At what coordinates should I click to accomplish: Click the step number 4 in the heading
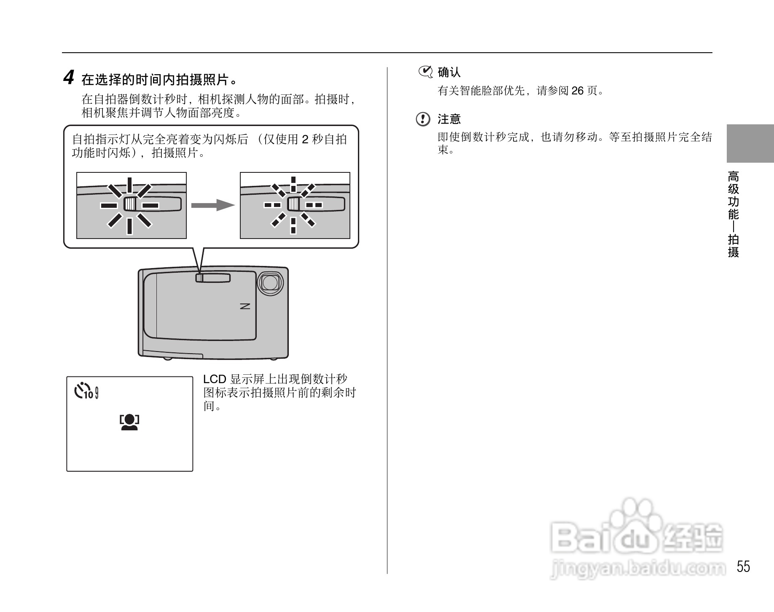(x=69, y=78)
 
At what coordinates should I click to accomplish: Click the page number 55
(x=743, y=566)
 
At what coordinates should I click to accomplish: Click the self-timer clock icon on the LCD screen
(x=82, y=390)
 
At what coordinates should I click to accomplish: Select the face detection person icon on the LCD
(x=129, y=422)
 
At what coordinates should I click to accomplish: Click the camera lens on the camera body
(x=270, y=283)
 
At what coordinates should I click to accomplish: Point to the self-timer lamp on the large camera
(x=200, y=278)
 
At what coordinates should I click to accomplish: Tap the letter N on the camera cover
(x=245, y=306)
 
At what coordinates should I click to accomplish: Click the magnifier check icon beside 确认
(x=425, y=72)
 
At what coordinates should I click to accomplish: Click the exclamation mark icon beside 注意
(x=423, y=119)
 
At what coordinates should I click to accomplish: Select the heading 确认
(x=449, y=72)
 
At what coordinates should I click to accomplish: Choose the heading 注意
(x=449, y=119)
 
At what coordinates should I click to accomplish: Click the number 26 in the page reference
(x=577, y=91)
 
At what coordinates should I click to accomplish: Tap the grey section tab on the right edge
(x=750, y=143)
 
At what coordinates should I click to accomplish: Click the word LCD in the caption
(x=215, y=379)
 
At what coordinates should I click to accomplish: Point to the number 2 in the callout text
(x=305, y=139)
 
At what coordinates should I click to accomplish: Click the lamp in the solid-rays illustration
(x=130, y=205)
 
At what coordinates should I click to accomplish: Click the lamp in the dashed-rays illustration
(x=293, y=205)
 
